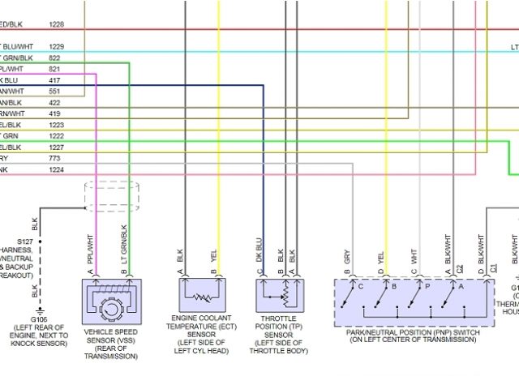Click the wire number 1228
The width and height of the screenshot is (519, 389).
tap(57, 26)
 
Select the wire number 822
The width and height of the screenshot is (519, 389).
tap(54, 58)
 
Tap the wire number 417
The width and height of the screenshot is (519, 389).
tap(54, 81)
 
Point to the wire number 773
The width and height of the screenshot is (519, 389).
tap(54, 159)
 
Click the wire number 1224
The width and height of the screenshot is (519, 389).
tap(57, 170)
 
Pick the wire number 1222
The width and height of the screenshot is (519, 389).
tap(57, 136)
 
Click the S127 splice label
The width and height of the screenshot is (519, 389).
tap(24, 242)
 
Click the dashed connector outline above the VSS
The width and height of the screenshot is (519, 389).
tap(112, 197)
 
